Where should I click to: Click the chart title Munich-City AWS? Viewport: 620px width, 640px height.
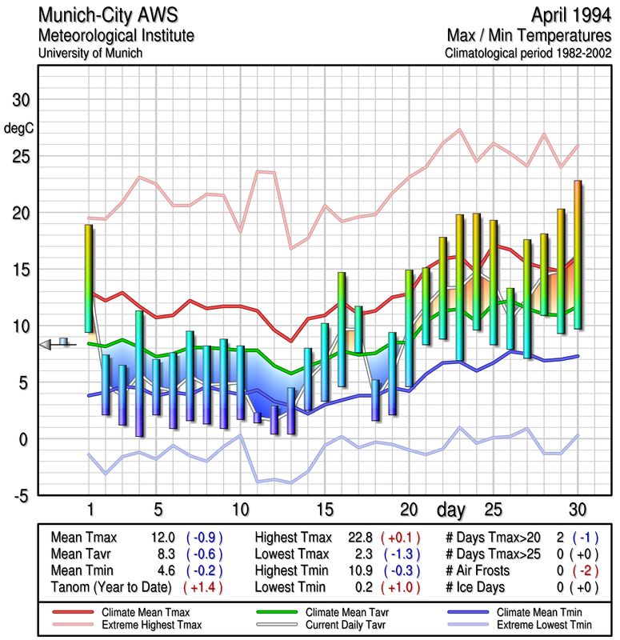click(x=108, y=15)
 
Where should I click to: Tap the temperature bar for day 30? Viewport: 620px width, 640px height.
click(x=578, y=254)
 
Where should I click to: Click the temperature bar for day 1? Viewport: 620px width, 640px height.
click(x=89, y=278)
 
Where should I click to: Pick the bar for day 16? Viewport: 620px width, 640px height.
click(x=342, y=329)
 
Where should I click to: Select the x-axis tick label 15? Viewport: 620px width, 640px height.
click(x=325, y=509)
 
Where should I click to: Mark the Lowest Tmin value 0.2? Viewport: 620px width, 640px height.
click(x=362, y=586)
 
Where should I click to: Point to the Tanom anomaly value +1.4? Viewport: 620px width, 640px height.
click(x=203, y=586)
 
